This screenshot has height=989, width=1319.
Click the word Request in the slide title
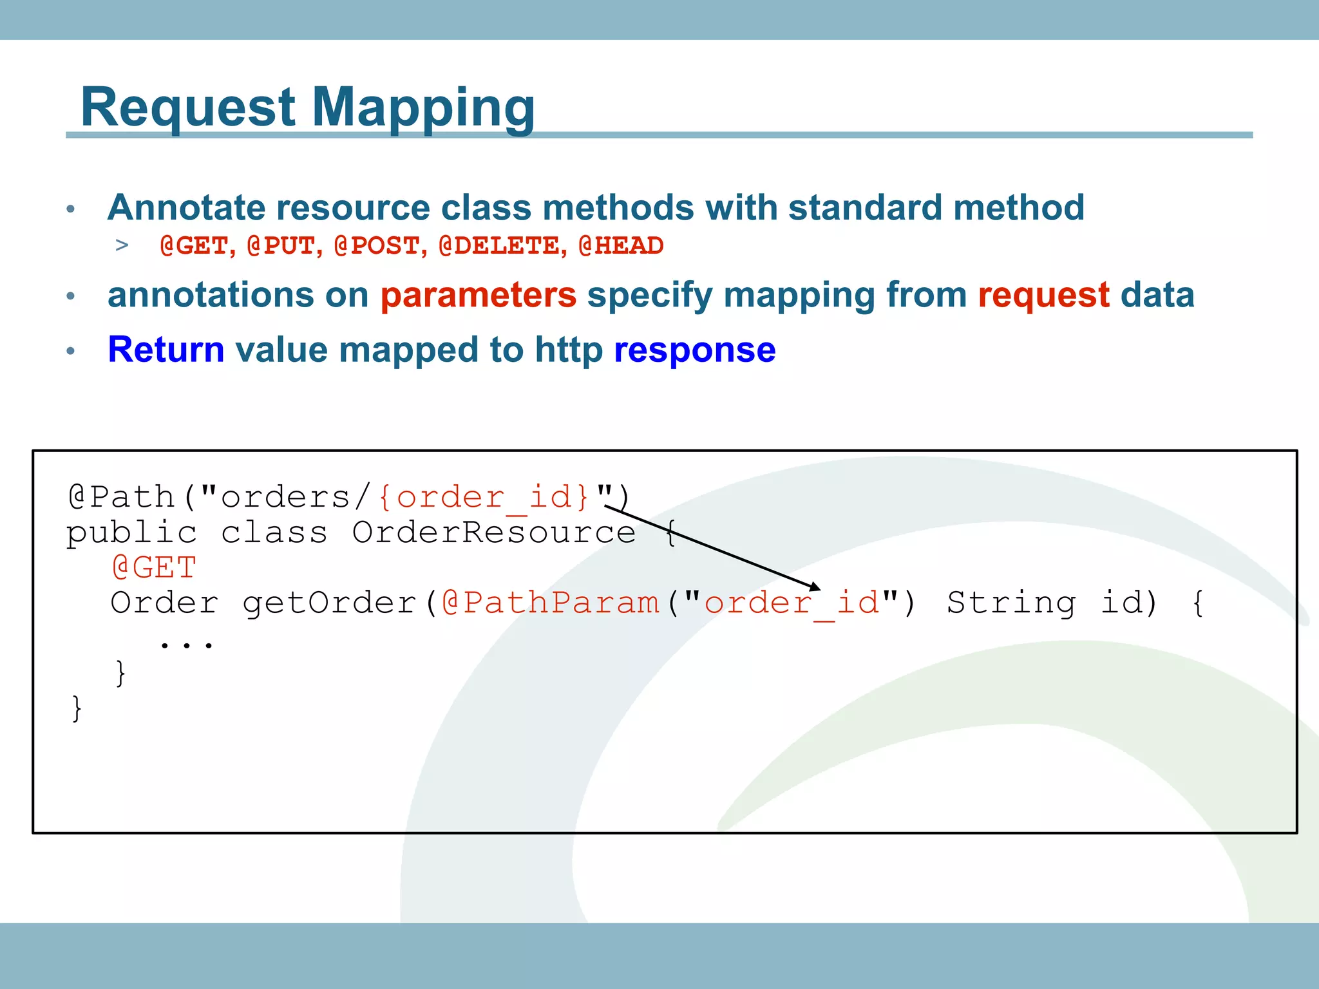187,107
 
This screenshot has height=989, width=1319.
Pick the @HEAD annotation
621,245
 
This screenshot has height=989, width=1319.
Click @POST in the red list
379,245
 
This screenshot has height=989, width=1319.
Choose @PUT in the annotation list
283,245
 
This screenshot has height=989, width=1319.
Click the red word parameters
478,295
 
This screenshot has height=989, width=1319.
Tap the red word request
1043,295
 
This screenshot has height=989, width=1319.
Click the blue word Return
166,350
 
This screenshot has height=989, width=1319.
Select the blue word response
694,350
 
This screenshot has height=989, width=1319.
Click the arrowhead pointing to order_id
815,587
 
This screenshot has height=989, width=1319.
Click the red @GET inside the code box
154,567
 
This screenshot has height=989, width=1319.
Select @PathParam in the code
551,603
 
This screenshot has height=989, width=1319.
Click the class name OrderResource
493,532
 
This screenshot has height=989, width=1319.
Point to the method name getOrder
330,603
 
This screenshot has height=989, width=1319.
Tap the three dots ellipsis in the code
186,643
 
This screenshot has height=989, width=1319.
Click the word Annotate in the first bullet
185,208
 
